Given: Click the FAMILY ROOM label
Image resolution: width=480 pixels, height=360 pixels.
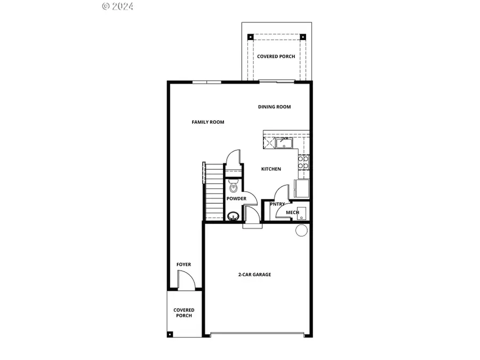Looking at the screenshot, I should pos(208,122).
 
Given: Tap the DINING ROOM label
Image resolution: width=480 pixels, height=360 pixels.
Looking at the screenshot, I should pos(274,107).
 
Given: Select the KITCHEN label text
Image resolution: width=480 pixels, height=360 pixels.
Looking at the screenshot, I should pos(271,169).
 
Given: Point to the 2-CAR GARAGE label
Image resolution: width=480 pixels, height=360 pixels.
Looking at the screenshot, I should pos(254,275).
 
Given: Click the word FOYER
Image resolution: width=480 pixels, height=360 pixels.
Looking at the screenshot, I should pos(183,265).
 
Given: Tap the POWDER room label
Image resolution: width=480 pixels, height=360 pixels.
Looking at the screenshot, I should pos(236,199).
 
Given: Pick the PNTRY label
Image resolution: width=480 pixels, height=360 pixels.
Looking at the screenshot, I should pos(277,204).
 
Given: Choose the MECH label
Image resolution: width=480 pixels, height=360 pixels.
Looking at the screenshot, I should pos(292,212).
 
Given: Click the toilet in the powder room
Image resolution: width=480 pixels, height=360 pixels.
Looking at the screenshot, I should pos(233,187).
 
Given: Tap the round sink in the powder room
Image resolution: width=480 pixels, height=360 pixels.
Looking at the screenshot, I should pos(233,217).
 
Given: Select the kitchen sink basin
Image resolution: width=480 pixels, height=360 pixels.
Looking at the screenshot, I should pos(284,142).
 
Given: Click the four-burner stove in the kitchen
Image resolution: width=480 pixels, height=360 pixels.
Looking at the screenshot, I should pos(303,162).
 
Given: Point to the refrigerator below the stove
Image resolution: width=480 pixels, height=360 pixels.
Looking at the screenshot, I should pos(301,189).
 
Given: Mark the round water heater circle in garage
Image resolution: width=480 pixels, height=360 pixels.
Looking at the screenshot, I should pos(301,230).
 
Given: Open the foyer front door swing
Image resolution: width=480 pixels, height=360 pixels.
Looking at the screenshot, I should pos(183,281).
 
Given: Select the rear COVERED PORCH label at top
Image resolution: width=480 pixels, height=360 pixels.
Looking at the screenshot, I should pos(276,57).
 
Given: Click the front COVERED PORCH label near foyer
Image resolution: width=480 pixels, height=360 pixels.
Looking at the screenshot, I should pos(184,313).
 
